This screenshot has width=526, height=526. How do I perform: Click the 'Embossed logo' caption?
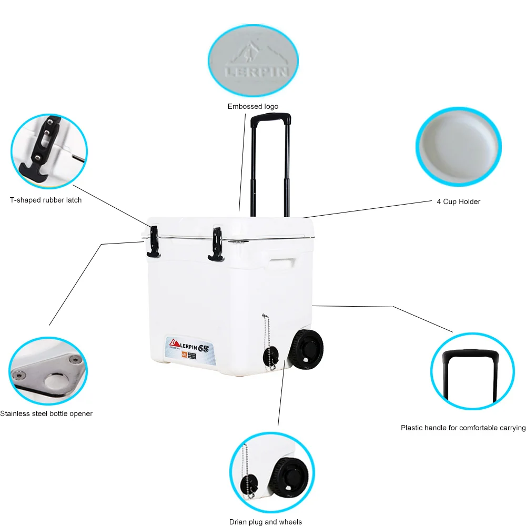(252, 107)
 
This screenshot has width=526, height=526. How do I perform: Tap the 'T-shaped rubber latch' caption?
(46, 200)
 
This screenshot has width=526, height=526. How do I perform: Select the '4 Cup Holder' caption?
(458, 201)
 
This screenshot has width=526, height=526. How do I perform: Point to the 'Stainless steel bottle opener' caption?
(46, 413)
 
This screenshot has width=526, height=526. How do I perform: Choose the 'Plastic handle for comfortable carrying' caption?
(463, 428)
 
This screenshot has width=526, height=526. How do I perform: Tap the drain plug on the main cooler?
(271, 355)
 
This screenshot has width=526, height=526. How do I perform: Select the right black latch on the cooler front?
(216, 244)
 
